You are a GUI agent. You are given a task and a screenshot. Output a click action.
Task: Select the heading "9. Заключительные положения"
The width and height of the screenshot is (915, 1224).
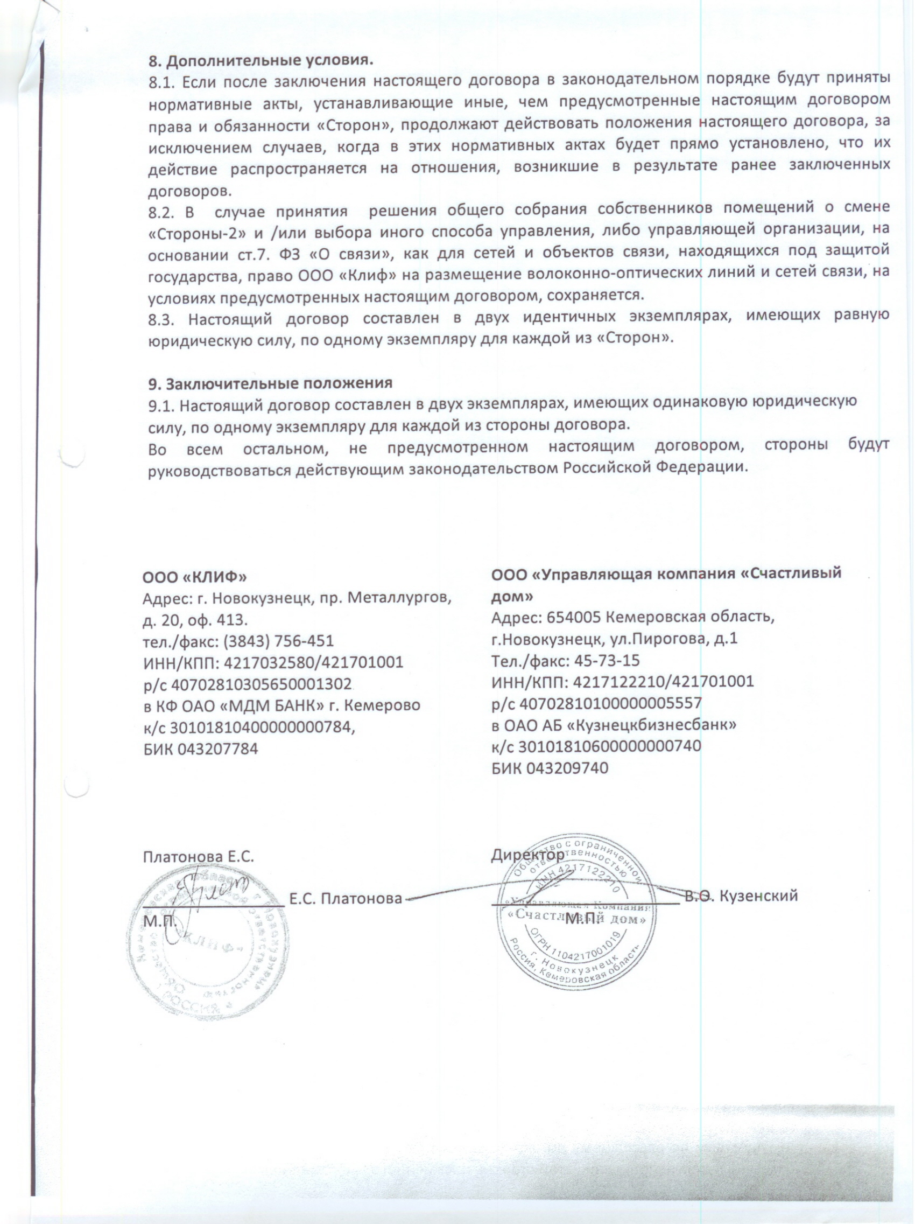[x=270, y=383]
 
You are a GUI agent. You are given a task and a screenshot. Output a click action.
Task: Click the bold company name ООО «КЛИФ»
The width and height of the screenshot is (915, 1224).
[x=195, y=577]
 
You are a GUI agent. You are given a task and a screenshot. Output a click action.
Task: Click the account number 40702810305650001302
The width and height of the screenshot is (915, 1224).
[x=262, y=684]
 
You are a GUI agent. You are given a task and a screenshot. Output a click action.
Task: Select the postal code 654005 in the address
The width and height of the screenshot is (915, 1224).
[x=570, y=617]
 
